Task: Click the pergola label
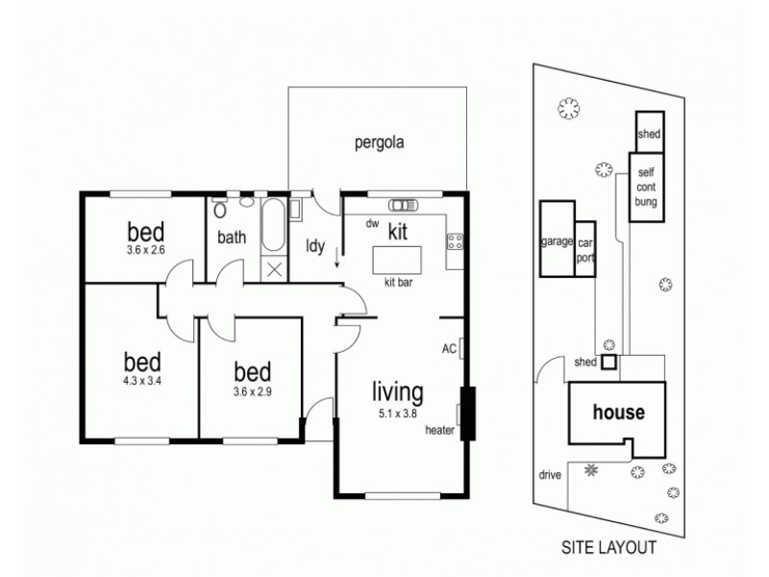coord(378,143)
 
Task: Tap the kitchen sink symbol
coord(402,205)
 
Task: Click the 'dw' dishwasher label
coord(371,224)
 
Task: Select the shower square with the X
coord(274,269)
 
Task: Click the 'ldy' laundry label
coord(314,246)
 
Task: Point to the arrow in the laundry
coord(337,257)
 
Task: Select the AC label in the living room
coord(448,347)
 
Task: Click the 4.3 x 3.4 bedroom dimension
coord(142,381)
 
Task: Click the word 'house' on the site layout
coord(618,413)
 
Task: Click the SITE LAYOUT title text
coord(608,548)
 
